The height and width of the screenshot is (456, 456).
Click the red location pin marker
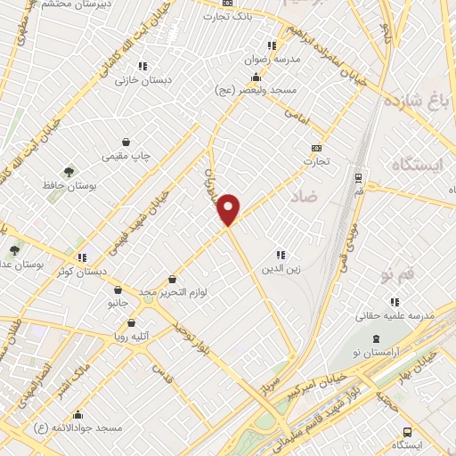click(x=230, y=208)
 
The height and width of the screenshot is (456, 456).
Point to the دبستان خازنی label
click(x=134, y=78)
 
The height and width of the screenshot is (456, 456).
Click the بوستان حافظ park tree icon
click(x=69, y=171)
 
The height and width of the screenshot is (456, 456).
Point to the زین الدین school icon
click(x=280, y=255)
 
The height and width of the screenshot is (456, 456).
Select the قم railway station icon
click(x=358, y=177)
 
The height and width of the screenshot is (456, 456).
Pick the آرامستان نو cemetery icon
click(x=377, y=339)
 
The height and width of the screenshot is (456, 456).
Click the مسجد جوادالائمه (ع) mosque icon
click(x=78, y=414)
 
